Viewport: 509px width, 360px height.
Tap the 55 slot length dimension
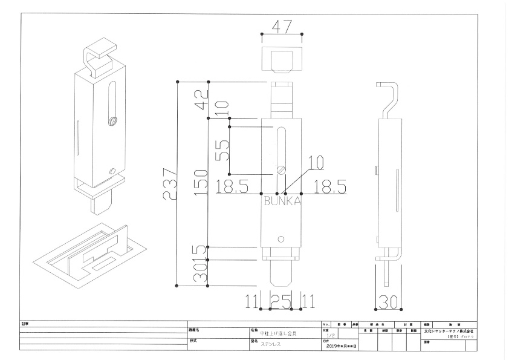(223, 148)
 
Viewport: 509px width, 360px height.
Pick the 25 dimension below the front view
(280, 300)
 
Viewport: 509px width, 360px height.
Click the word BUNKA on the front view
(282, 202)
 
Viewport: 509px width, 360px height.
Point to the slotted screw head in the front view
(280, 169)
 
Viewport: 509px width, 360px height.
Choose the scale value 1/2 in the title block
(330, 335)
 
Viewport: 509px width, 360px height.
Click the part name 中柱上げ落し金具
(278, 333)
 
